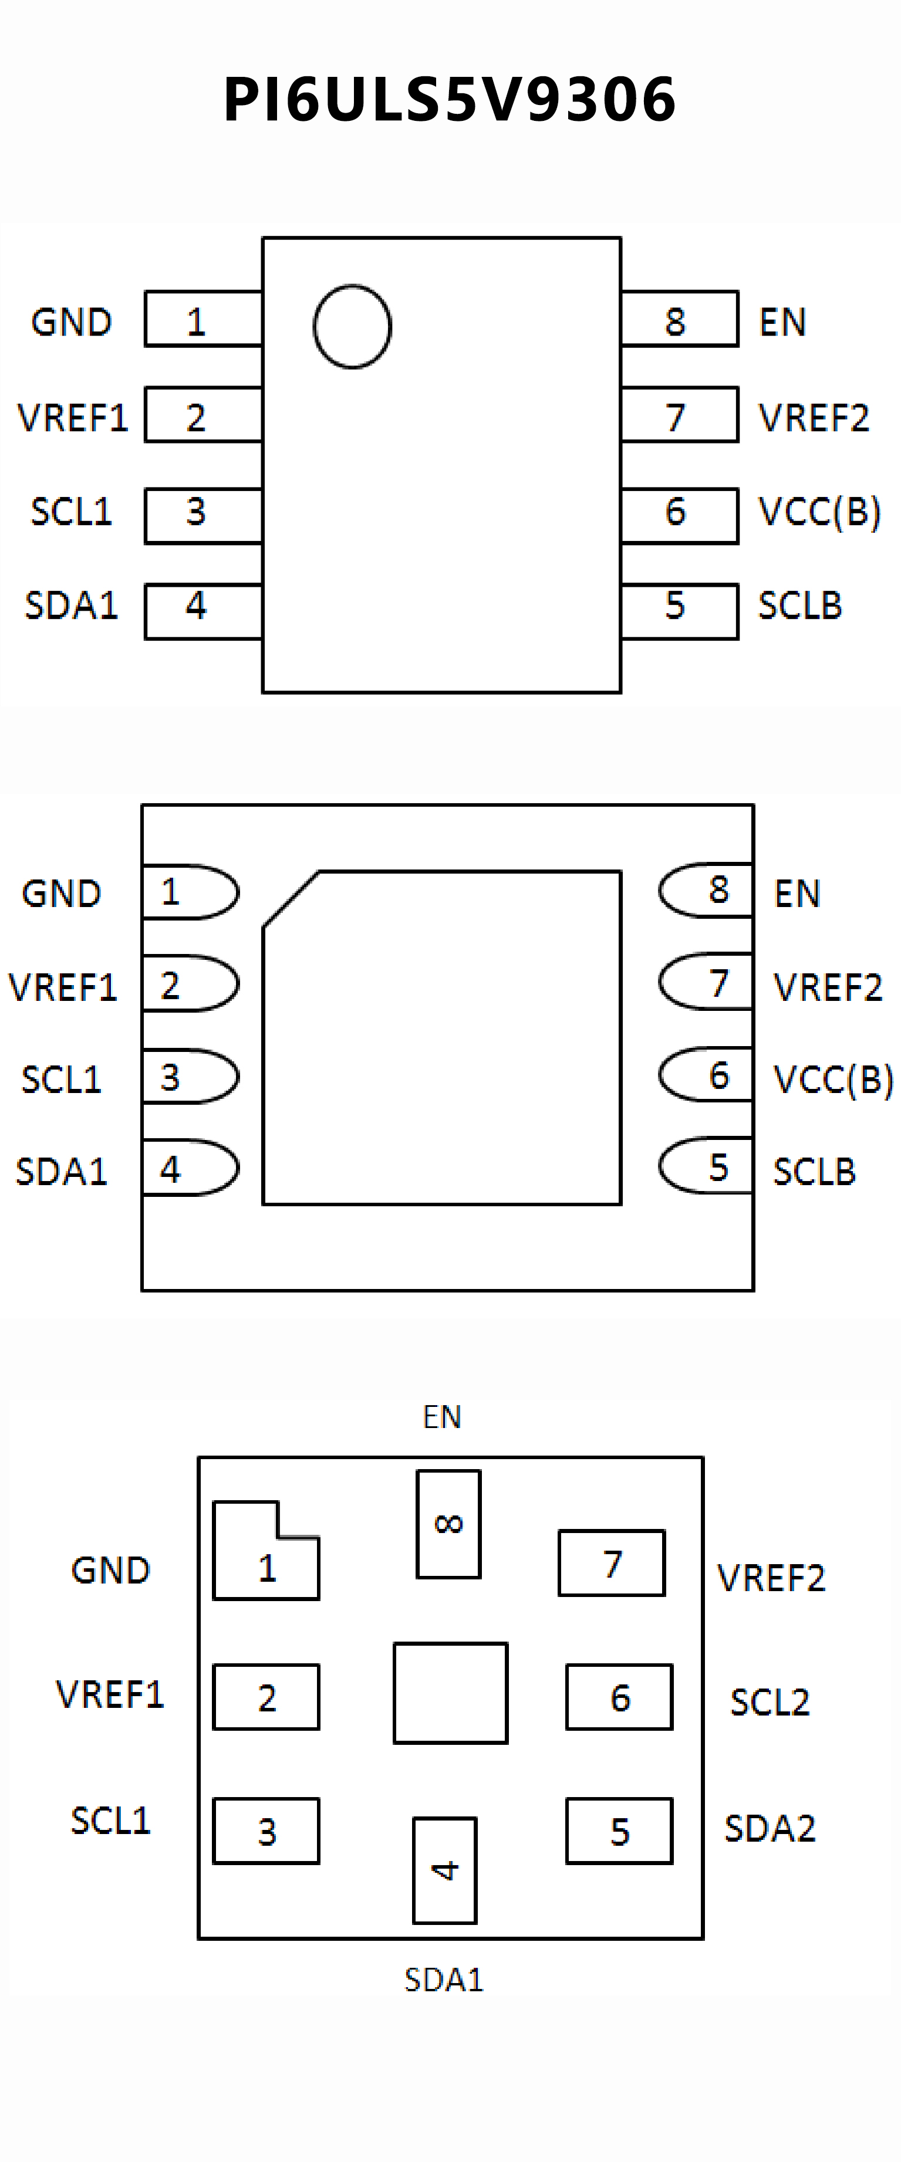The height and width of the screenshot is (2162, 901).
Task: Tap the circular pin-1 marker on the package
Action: coord(352,326)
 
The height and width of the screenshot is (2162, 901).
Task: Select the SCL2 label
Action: coord(769,1701)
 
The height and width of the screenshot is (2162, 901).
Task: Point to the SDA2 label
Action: coord(769,1828)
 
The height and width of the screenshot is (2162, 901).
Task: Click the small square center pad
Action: coord(450,1693)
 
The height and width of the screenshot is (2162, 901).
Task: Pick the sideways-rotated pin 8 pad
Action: coord(448,1523)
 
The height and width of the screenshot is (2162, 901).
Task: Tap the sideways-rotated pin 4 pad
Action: coord(444,1870)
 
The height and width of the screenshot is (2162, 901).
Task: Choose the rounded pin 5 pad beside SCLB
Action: coord(706,1166)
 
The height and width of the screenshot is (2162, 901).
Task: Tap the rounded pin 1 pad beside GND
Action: coord(190,891)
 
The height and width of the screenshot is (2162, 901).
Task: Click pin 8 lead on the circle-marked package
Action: coord(679,319)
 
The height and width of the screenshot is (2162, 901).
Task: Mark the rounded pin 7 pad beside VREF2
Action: coord(706,982)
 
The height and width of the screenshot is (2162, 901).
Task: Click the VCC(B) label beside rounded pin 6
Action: coord(833,1078)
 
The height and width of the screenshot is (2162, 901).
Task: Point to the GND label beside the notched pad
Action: coord(110,1569)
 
